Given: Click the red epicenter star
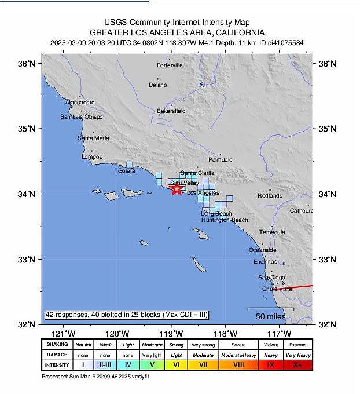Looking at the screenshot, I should point(177,188).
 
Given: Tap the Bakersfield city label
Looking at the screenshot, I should point(171,111).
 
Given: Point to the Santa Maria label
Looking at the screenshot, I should point(93,138).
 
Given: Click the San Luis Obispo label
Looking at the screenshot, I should point(82,117).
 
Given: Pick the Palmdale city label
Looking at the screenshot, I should point(220,159).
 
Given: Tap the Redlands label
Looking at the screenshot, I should point(270,196).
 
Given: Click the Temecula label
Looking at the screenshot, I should point(272,232).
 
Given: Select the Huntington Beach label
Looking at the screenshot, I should point(225,220).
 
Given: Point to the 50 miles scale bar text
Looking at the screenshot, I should point(271,316).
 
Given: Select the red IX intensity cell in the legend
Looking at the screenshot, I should point(270,365).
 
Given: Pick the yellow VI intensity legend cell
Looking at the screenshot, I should point(177,365).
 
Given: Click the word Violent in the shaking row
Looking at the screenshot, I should point(270,344).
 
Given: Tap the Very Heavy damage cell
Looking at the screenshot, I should point(297,355).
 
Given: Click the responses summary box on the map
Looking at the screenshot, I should point(126,315).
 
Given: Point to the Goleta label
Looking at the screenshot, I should point(126,171).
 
